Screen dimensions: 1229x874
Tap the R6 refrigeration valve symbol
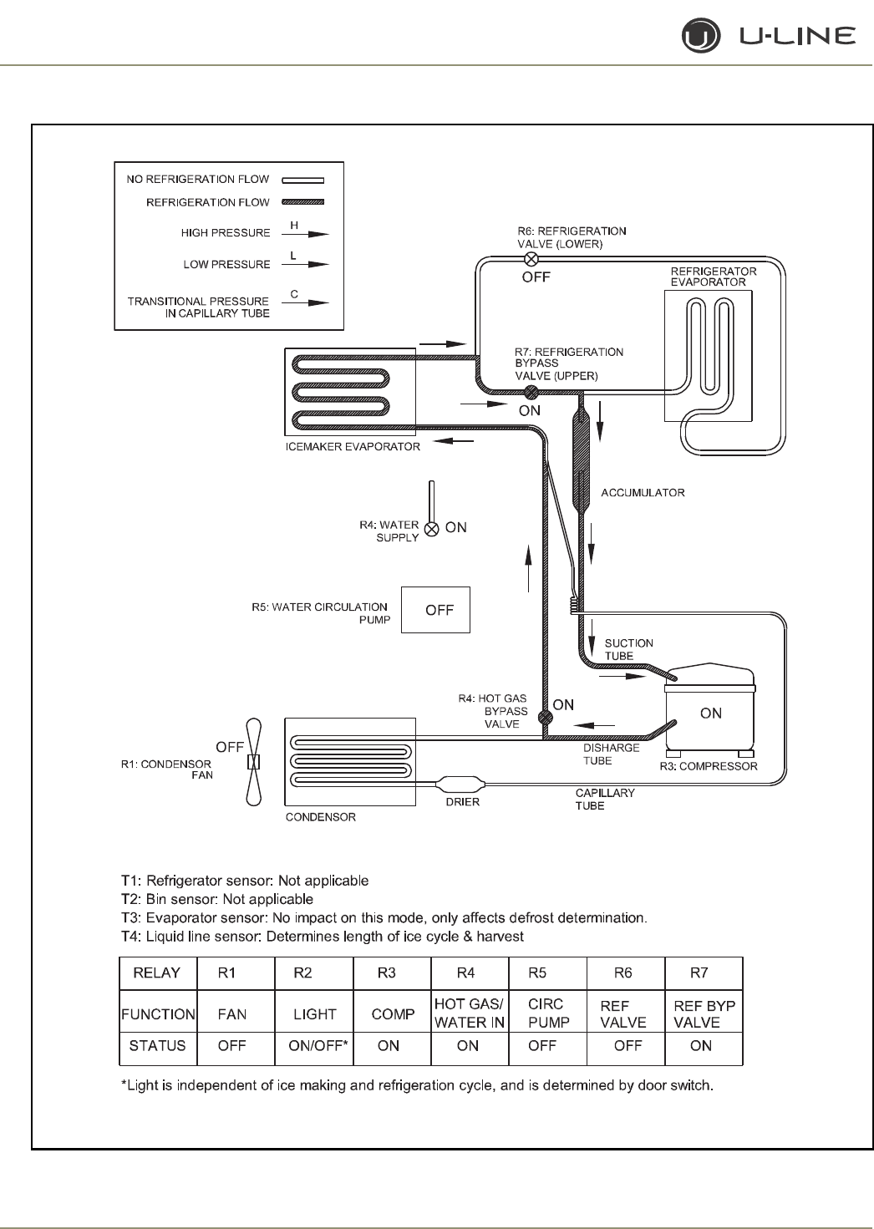click(531, 259)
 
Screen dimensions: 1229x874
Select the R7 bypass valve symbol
click(530, 393)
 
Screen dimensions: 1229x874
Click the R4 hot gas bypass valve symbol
click(545, 717)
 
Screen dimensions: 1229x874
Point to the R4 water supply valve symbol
click(431, 528)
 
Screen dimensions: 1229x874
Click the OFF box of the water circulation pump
click(435, 610)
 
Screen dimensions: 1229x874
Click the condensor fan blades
click(255, 762)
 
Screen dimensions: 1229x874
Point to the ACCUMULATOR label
click(643, 493)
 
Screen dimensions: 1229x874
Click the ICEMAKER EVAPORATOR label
click(353, 446)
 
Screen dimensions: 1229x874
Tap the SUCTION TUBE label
click(628, 649)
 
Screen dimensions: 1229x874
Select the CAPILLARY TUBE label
click(604, 799)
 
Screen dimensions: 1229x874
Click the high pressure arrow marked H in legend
click(304, 234)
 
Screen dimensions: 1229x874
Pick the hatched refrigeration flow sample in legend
click(302, 202)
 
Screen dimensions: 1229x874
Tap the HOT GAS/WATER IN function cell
click(469, 1013)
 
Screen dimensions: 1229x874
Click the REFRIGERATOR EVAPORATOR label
click(714, 277)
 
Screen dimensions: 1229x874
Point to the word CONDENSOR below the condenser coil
click(321, 817)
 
